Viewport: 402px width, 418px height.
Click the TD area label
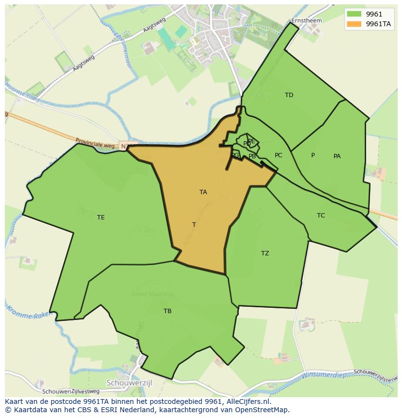click(x=289, y=95)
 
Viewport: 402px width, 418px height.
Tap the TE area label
click(x=100, y=217)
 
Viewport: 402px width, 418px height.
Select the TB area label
click(x=167, y=311)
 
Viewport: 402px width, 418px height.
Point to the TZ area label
click(x=265, y=253)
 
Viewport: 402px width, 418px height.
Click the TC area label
click(x=321, y=216)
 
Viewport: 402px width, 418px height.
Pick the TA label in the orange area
click(x=203, y=192)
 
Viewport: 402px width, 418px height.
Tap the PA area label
click(x=337, y=156)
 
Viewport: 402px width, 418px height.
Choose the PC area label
click(x=278, y=155)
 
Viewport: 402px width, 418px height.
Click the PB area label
click(x=252, y=156)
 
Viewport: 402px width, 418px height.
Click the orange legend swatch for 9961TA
click(x=354, y=24)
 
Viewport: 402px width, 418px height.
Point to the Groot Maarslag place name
click(x=152, y=294)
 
